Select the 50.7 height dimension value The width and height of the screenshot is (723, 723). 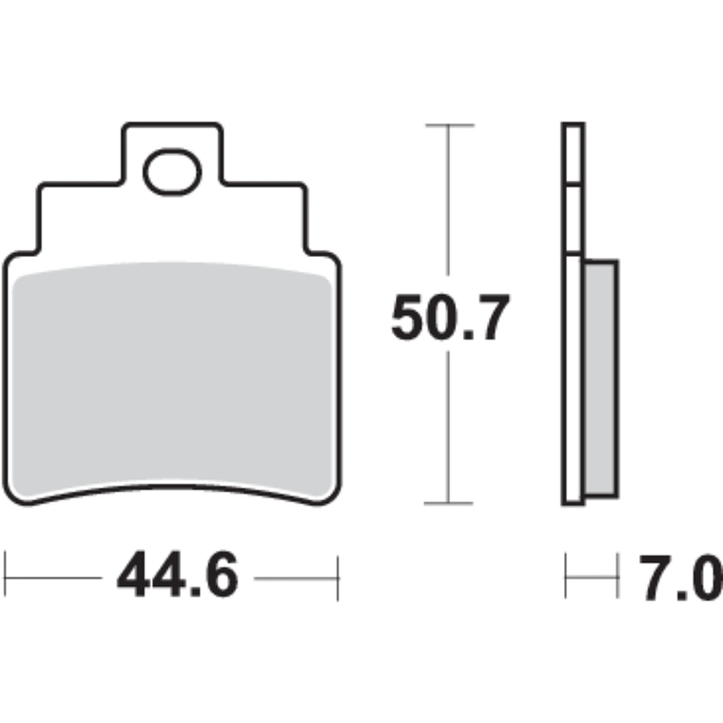[451, 320]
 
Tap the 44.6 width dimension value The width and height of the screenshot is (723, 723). [177, 577]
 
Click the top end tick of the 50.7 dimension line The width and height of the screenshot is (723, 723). [448, 125]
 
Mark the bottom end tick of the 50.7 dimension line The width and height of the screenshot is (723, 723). [448, 503]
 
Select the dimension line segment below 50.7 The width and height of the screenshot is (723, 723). [448, 428]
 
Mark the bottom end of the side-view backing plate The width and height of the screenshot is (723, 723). [573, 502]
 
